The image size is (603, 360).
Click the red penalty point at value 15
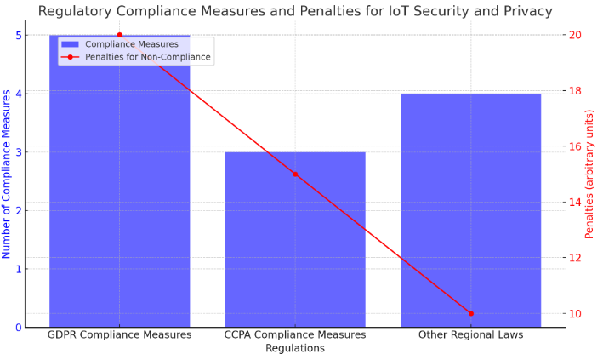[x=295, y=174]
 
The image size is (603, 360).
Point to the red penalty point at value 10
[x=470, y=313]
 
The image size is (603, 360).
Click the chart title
[x=295, y=11]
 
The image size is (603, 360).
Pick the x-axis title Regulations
[x=295, y=348]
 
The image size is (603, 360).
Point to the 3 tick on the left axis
[x=19, y=152]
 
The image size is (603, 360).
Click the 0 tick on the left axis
[x=19, y=327]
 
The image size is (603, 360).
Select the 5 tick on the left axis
[x=19, y=36]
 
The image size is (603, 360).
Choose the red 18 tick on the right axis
[x=576, y=91]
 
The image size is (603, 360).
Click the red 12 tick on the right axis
[x=576, y=258]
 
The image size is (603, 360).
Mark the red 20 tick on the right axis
[x=576, y=35]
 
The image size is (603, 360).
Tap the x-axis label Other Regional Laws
[x=470, y=335]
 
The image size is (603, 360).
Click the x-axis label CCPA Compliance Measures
[x=295, y=335]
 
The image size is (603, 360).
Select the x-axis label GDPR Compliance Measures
[x=119, y=335]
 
